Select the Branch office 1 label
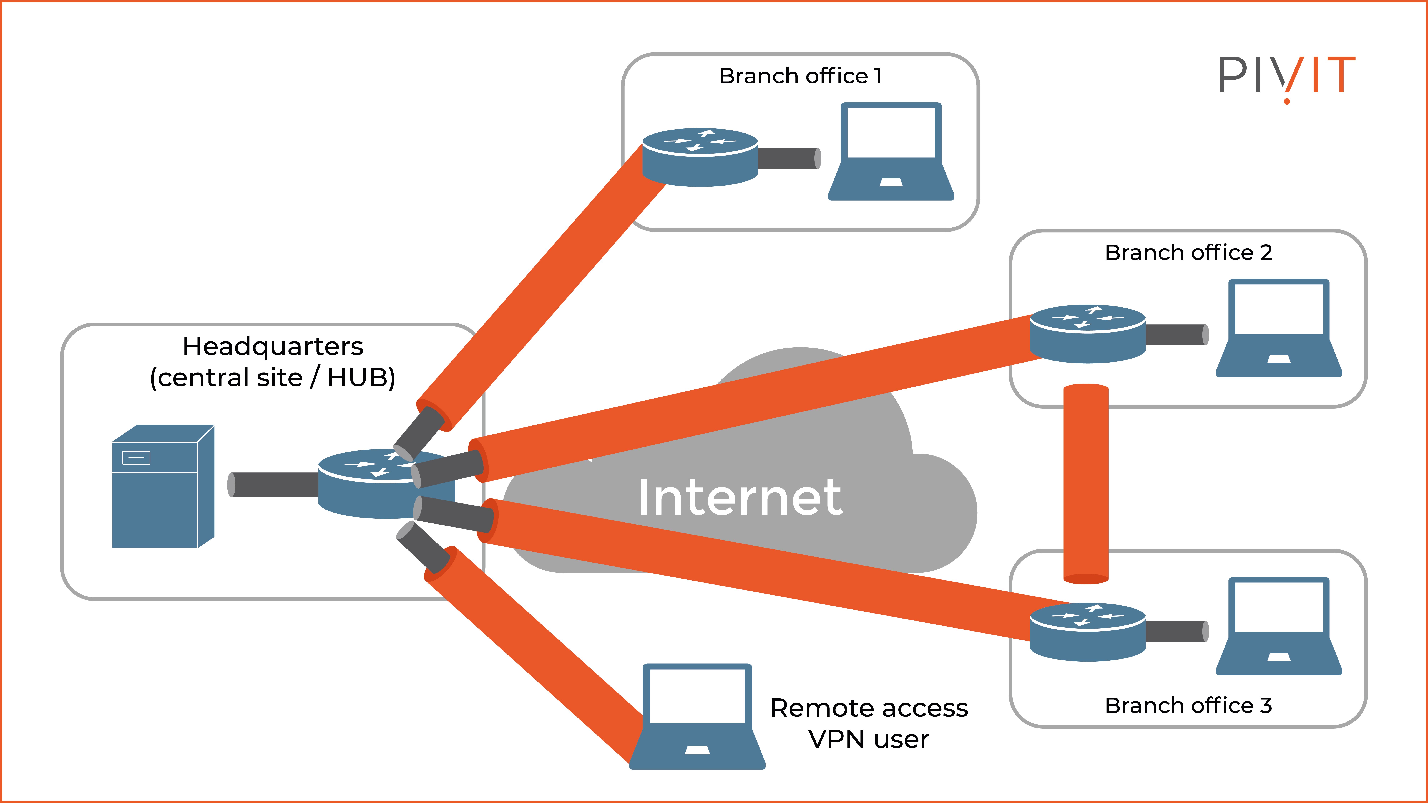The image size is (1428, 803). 800,76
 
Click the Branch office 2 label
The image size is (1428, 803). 1188,253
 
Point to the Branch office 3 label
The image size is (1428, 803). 1188,705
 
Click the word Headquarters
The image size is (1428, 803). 273,346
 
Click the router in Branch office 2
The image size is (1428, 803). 1088,334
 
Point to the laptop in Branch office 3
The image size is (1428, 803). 1278,626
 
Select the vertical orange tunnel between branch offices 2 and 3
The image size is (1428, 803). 1085,482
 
